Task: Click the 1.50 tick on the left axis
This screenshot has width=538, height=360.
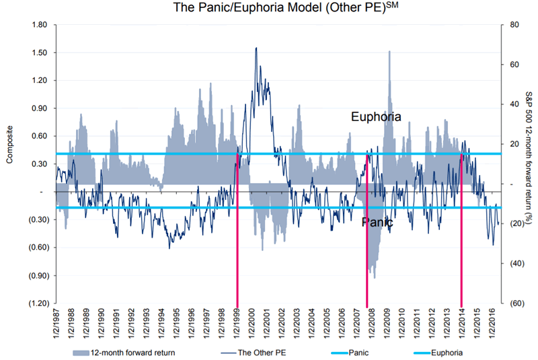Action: point(37,52)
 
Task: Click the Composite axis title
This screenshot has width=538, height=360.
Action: point(9,164)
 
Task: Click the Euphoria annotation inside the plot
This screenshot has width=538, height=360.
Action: point(376,117)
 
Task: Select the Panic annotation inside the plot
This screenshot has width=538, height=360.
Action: point(373,222)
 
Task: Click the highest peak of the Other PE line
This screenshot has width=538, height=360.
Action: point(256,48)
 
